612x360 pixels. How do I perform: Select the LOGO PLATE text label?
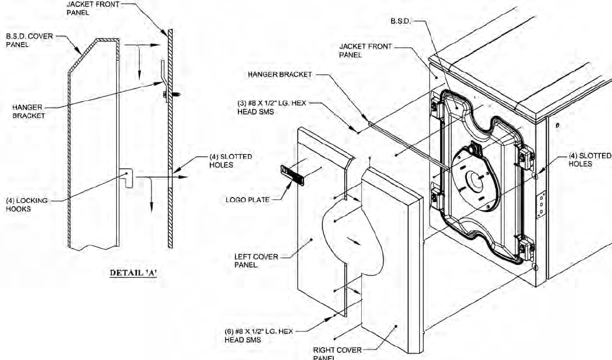click(248, 199)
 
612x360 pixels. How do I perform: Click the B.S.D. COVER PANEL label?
click(30, 40)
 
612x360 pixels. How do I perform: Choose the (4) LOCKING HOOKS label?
click(26, 204)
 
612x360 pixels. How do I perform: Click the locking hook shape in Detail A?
click(127, 176)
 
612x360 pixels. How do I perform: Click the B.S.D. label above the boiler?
click(402, 21)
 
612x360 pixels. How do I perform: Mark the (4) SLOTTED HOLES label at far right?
click(589, 160)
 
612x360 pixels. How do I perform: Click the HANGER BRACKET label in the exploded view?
click(279, 74)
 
